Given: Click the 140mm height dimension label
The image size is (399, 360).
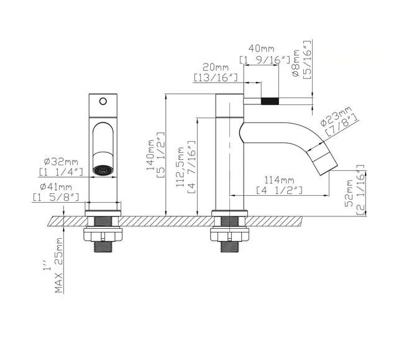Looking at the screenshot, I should click(x=150, y=158).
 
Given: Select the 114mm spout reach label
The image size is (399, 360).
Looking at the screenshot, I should click(x=280, y=180).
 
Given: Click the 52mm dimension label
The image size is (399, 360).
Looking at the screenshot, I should click(x=349, y=192).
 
